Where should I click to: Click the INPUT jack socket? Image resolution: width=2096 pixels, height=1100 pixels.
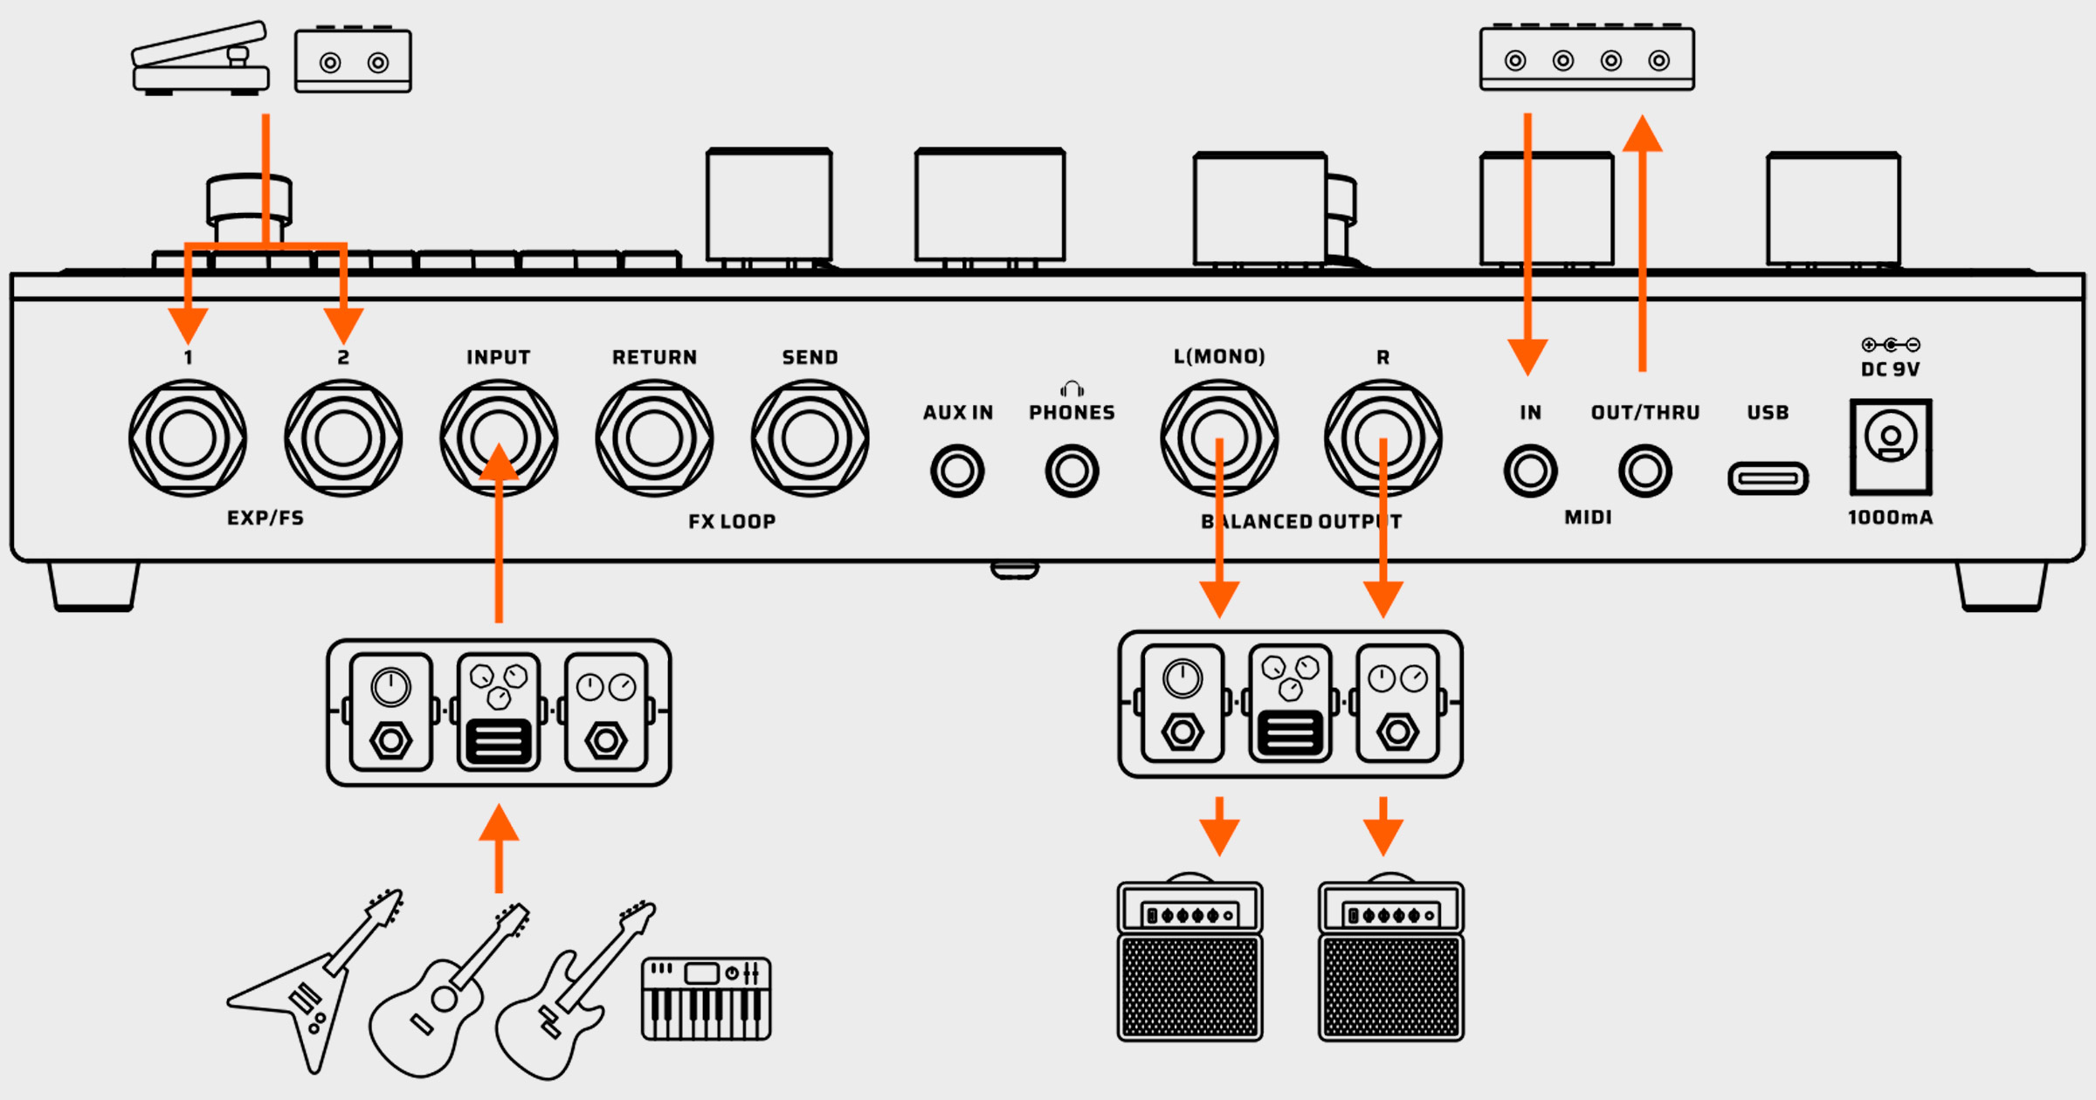coord(499,437)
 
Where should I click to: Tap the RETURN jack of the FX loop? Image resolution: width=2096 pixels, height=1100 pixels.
coord(654,437)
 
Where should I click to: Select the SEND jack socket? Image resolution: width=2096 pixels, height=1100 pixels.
coord(810,437)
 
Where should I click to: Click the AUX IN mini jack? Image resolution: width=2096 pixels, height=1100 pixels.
coord(957,471)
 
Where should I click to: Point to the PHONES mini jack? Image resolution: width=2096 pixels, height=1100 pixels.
coord(1072,471)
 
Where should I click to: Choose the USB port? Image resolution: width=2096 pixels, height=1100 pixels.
coord(1768,478)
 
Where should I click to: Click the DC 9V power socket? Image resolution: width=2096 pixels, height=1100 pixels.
coord(1891,446)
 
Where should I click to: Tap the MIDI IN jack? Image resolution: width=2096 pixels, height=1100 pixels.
coord(1530,471)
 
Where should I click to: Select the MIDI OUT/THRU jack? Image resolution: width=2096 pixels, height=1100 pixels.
coord(1645,471)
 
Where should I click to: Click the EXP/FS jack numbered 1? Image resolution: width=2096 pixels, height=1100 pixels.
coord(188,437)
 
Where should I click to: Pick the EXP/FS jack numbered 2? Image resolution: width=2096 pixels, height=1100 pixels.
coord(343,437)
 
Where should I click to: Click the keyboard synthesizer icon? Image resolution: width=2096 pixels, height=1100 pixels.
coord(706,999)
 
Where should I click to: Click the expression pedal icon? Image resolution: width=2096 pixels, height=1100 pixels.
coord(201,59)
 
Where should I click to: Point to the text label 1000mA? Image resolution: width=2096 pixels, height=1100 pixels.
coord(1890,518)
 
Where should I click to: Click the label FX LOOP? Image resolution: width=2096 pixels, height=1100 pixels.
coord(732,521)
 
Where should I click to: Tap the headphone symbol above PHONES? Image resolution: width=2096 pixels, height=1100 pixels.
coord(1072,388)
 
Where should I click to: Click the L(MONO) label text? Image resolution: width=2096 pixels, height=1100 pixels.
coord(1219,356)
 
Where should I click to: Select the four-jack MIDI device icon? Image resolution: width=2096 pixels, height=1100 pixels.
coord(1587,58)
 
